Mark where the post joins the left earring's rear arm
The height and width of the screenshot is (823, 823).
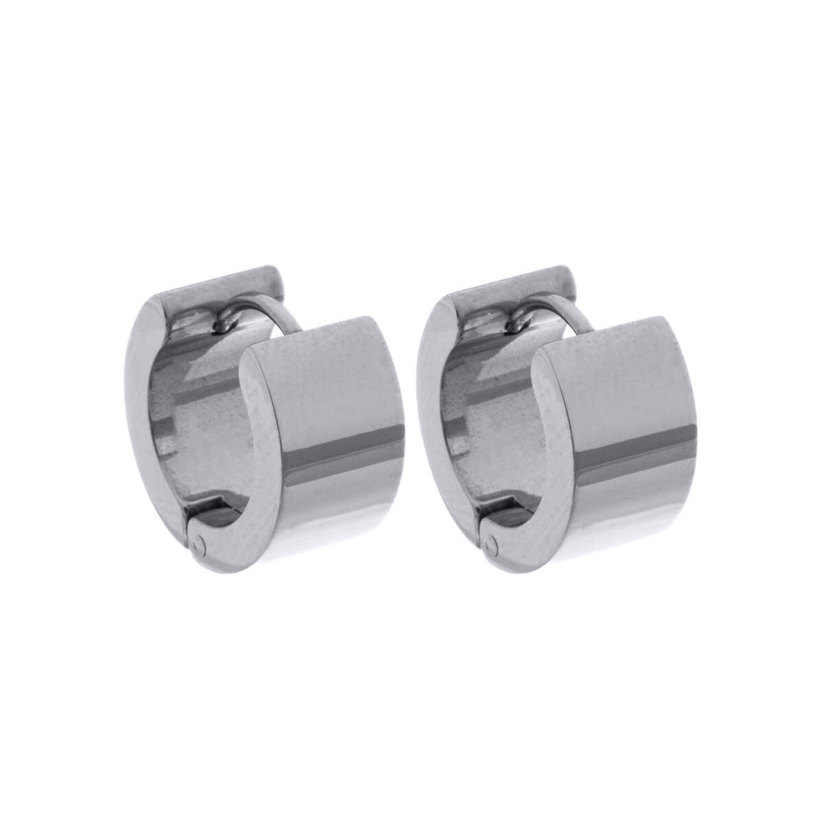(x=223, y=325)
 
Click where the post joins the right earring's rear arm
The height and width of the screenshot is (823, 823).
(x=517, y=325)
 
